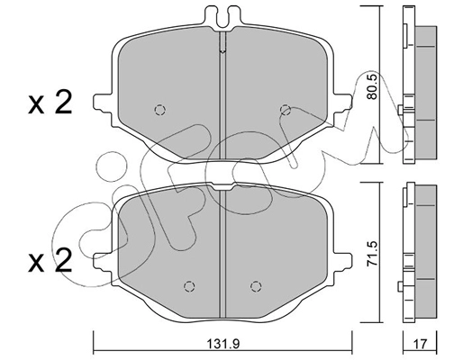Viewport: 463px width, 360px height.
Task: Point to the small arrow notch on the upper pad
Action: point(222,52)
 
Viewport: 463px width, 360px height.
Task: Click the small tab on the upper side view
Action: point(399,112)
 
